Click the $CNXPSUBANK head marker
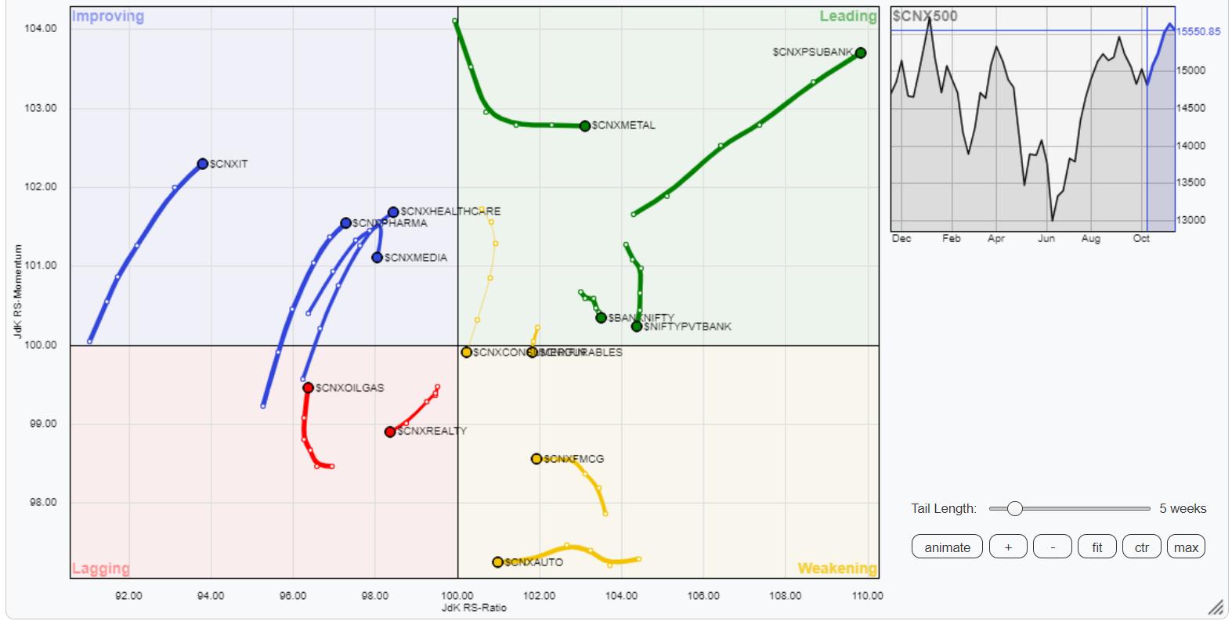click(x=860, y=52)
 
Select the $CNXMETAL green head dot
click(x=585, y=126)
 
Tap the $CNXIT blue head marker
click(x=203, y=164)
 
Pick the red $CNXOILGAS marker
click(x=309, y=388)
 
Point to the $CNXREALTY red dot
click(x=390, y=431)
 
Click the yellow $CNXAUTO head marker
click(x=498, y=562)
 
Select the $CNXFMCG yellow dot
click(x=537, y=459)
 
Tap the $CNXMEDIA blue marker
click(x=378, y=258)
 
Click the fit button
click(x=1097, y=547)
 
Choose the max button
click(x=1186, y=547)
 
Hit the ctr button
click(x=1141, y=547)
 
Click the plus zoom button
click(x=1008, y=547)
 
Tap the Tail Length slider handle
click(x=1014, y=509)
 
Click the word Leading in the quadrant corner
click(x=848, y=16)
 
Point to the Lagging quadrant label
click(x=101, y=569)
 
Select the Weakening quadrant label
click(x=836, y=569)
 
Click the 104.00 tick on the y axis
click(x=41, y=29)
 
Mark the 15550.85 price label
click(x=1198, y=31)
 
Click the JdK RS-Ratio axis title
click(x=474, y=608)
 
